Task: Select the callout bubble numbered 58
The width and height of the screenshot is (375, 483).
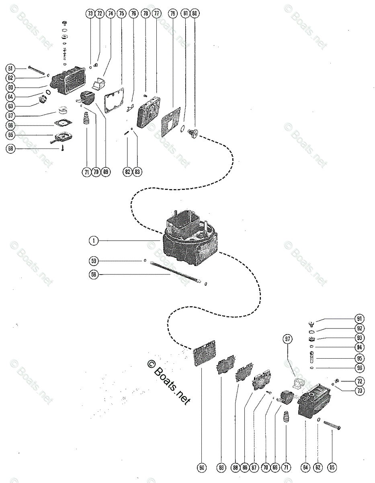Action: coord(93,275)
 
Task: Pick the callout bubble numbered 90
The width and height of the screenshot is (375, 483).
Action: coord(202,468)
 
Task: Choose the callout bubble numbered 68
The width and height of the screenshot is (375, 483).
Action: coord(10,149)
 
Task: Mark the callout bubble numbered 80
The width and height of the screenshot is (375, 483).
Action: coord(195,13)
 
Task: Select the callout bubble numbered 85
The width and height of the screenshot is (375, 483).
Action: coord(332,468)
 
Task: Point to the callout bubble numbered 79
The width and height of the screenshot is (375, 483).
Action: coord(172,13)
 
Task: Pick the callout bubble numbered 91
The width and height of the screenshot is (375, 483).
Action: coord(360,319)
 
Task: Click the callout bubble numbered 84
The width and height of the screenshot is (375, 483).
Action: coord(306,468)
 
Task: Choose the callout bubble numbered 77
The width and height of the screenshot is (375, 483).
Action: coord(156,13)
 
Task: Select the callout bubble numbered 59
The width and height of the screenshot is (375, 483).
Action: coord(93,260)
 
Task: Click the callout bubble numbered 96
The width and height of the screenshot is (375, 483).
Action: coord(360,367)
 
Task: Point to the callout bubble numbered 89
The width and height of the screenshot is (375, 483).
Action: coord(221,468)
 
